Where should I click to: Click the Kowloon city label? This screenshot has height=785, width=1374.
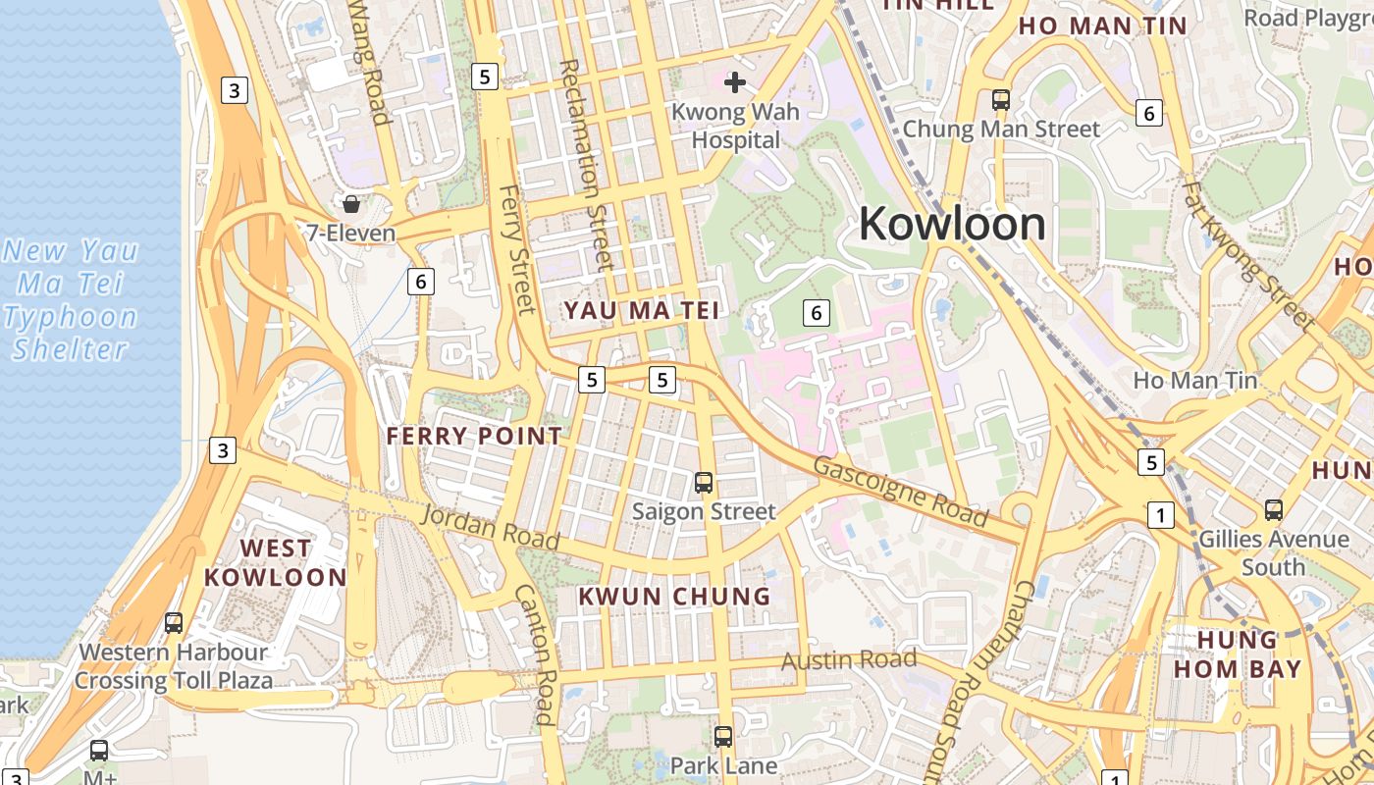951,225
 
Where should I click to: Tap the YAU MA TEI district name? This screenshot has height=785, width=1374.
641,311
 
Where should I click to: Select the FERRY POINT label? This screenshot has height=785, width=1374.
475,437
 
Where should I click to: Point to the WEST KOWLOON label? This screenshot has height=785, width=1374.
275,562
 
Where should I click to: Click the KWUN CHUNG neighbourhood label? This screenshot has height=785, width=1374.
674,597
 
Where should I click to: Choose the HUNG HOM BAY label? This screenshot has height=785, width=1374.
1249,655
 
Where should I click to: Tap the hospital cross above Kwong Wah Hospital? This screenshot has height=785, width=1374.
735,82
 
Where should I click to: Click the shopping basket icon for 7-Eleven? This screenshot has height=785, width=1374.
350,204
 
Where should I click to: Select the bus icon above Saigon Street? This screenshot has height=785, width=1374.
704,482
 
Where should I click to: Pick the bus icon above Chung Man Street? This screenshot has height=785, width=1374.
1001,99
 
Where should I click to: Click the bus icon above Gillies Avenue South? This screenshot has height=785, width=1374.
1274,509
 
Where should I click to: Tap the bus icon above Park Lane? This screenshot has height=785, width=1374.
723,736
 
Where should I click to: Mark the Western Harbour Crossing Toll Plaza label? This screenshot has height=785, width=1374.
174,666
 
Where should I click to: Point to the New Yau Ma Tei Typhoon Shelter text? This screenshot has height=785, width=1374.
71,299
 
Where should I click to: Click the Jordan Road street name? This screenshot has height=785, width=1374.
491,527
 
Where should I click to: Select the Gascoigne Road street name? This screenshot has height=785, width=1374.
901,491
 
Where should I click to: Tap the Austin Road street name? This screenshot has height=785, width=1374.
849,660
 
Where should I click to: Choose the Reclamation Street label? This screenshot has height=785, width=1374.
586,165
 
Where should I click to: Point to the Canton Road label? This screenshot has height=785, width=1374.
538,654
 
